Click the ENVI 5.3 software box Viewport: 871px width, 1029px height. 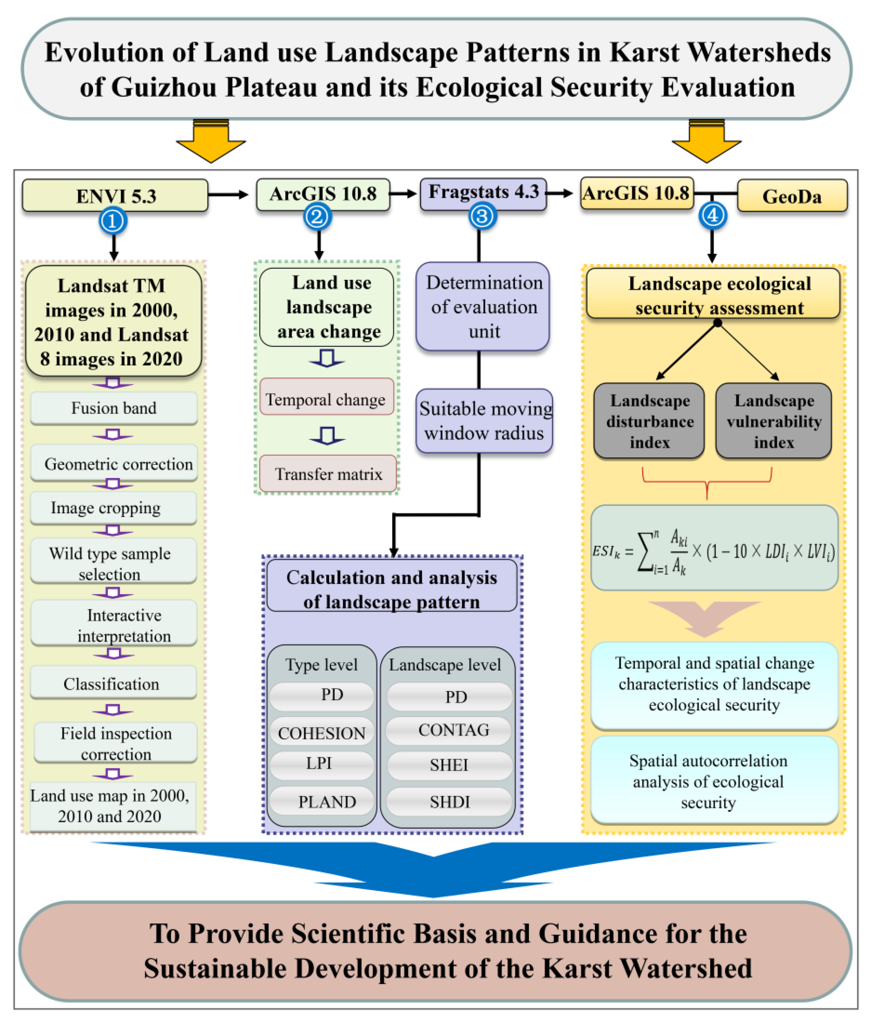115,196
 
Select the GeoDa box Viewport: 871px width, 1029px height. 792,196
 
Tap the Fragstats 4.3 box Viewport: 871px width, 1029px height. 483,193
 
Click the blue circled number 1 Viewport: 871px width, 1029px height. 113,221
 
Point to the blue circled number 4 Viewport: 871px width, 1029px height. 713,216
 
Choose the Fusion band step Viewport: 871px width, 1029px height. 114,408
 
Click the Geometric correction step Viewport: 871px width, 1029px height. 114,463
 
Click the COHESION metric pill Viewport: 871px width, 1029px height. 321,732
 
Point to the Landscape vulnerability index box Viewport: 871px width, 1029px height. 773,421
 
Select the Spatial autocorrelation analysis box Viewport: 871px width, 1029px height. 714,781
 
